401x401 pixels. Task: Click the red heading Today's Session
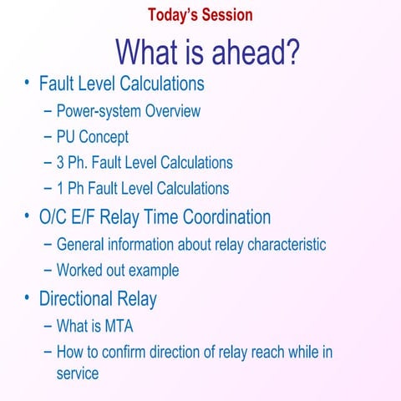pyautogui.click(x=200, y=14)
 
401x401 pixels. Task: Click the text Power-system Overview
pyautogui.click(x=128, y=110)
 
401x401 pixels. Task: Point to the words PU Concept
pyautogui.click(x=92, y=136)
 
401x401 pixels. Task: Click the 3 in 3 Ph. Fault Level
pyautogui.click(x=61, y=162)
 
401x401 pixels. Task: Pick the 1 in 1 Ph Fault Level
pyautogui.click(x=61, y=188)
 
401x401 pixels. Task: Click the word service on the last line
pyautogui.click(x=78, y=373)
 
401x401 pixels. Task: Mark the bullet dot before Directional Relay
pyautogui.click(x=28, y=297)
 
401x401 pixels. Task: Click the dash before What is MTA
pyautogui.click(x=48, y=326)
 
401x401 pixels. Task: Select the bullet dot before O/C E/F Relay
pyautogui.click(x=28, y=216)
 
